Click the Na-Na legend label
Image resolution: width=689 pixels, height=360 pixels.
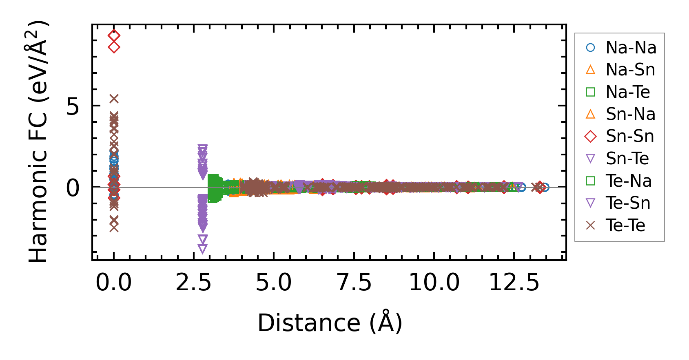click(631, 48)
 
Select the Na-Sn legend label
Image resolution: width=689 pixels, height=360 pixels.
click(630, 70)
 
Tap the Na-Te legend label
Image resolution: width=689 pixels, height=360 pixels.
click(627, 92)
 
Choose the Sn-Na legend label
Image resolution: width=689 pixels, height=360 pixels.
click(630, 114)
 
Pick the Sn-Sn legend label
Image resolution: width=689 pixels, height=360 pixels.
click(630, 136)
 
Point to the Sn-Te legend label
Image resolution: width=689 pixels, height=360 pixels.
click(627, 159)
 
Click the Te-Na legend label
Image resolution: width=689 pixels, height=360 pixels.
click(628, 181)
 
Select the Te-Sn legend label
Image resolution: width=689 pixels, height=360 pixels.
click(627, 203)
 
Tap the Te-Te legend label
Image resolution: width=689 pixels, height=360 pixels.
click(625, 225)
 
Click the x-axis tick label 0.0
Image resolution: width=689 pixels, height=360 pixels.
click(113, 283)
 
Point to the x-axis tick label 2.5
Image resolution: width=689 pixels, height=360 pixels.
click(193, 283)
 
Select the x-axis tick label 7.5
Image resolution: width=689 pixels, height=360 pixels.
click(354, 283)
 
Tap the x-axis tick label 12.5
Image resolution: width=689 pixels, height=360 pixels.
click(514, 283)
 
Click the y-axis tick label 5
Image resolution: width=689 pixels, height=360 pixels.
click(73, 107)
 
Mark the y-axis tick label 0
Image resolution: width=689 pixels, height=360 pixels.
click(73, 188)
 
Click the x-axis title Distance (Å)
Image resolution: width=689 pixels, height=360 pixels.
click(330, 323)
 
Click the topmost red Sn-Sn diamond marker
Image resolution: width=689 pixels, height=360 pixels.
click(114, 35)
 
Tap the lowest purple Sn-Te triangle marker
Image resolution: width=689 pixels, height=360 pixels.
click(202, 248)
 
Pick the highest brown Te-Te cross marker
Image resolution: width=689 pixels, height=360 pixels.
click(114, 99)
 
